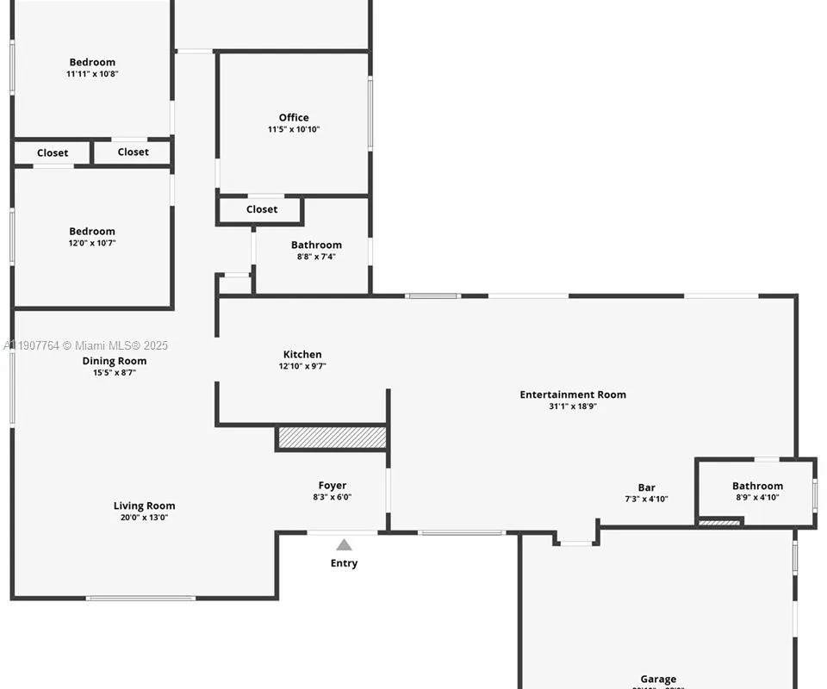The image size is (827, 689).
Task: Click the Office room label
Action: pyautogui.click(x=293, y=118)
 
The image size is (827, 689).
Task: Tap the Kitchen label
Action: pyautogui.click(x=302, y=354)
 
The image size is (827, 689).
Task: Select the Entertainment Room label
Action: pyautogui.click(x=573, y=394)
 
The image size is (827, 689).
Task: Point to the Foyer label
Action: pyautogui.click(x=333, y=486)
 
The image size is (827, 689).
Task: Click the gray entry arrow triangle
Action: pyautogui.click(x=344, y=544)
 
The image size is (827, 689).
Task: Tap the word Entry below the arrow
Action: pyautogui.click(x=344, y=563)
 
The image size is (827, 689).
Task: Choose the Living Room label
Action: pyautogui.click(x=144, y=506)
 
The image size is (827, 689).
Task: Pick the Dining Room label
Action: pyautogui.click(x=115, y=361)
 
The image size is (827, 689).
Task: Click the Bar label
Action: pyautogui.click(x=646, y=487)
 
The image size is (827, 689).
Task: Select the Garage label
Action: pyautogui.click(x=658, y=679)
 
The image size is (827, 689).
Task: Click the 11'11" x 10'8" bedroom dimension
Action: pyautogui.click(x=92, y=74)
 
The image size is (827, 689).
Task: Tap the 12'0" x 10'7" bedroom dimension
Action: pyautogui.click(x=92, y=243)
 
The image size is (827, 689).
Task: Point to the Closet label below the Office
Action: pyautogui.click(x=262, y=209)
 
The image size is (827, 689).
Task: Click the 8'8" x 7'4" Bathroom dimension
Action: pyautogui.click(x=316, y=257)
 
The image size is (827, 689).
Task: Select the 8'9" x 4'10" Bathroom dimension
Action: pyautogui.click(x=757, y=497)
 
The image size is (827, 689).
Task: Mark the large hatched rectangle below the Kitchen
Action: pyautogui.click(x=332, y=438)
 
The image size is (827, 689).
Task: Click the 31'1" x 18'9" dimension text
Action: pyautogui.click(x=573, y=407)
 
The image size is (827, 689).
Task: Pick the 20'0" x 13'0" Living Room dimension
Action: pyautogui.click(x=144, y=518)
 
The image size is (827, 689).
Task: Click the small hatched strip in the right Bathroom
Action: pyautogui.click(x=719, y=521)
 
